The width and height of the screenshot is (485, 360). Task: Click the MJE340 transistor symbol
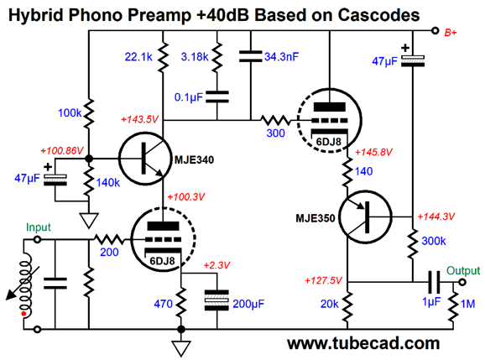pos(145,159)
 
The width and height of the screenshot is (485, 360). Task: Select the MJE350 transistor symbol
pos(365,217)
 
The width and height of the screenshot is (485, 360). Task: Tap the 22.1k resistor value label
pos(138,57)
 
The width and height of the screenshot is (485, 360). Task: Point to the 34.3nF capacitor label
pos(281,57)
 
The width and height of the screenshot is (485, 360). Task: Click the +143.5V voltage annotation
pos(139,119)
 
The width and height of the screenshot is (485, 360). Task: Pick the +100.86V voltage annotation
pos(62,150)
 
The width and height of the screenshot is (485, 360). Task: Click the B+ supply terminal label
pos(451,33)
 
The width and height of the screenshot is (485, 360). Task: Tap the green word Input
pos(39,227)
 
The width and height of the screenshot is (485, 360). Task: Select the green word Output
pos(463,270)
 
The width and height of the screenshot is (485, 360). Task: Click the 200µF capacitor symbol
pos(216,300)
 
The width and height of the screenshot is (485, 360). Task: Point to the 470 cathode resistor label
pos(163,304)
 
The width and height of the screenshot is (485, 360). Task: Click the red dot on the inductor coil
pos(23,314)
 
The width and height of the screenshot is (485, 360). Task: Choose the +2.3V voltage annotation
pos(216,265)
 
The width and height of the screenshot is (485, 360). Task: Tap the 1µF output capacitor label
pos(431,301)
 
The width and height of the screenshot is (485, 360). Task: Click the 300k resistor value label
pos(434,241)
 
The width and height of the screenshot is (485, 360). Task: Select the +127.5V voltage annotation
pos(324,280)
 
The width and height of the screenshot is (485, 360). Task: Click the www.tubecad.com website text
pos(363,343)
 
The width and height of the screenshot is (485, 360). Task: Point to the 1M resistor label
pos(467,304)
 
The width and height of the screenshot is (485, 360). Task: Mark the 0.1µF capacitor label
pos(188,97)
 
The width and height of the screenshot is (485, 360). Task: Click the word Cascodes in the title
pos(378,14)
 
